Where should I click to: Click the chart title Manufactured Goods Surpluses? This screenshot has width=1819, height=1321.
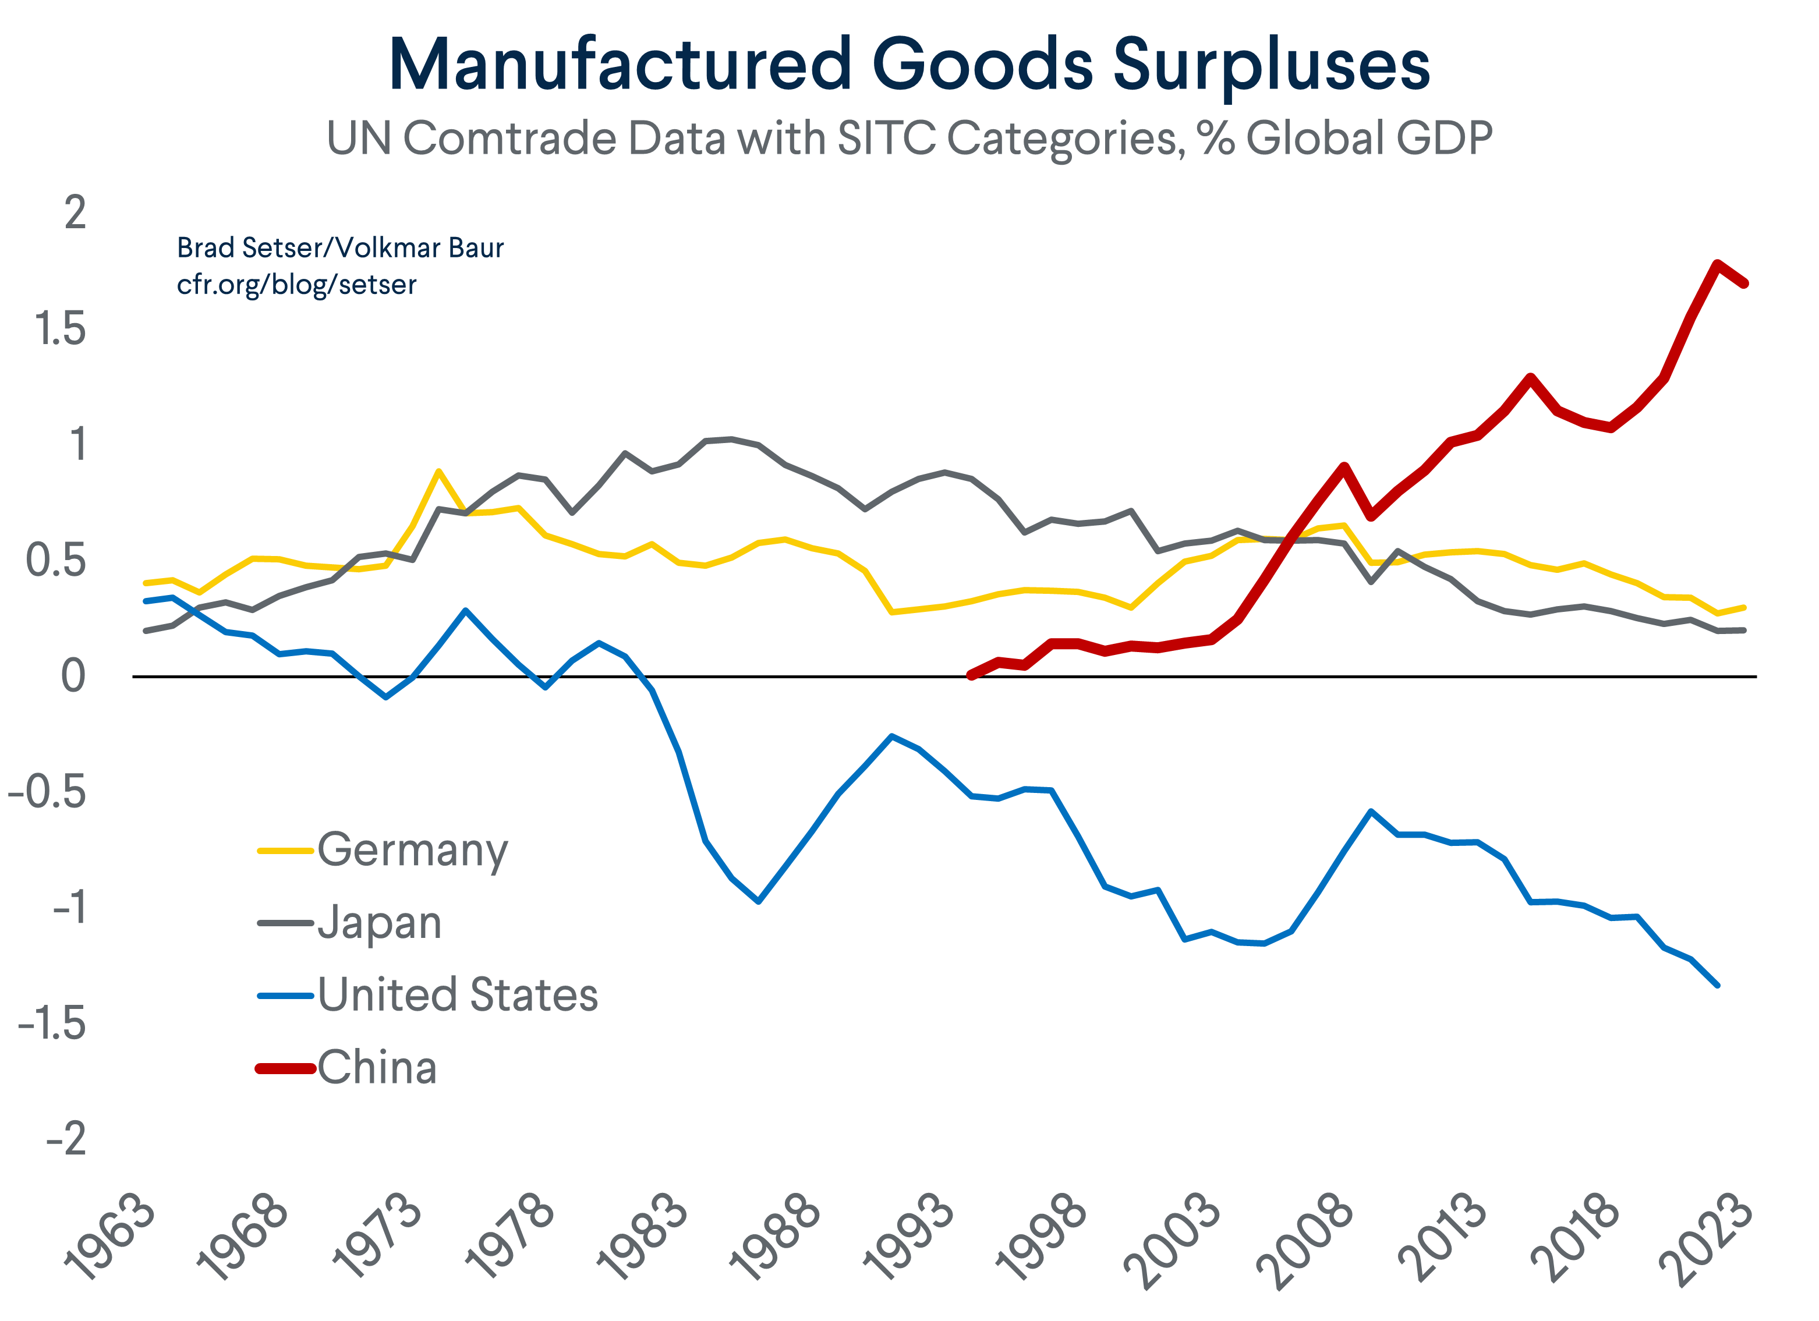click(909, 64)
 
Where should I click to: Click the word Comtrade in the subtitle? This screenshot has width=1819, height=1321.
click(510, 138)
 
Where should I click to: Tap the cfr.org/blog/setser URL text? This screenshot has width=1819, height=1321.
click(297, 285)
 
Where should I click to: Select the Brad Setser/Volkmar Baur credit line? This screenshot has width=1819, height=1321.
click(340, 248)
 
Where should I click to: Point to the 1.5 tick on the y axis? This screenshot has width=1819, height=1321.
click(60, 330)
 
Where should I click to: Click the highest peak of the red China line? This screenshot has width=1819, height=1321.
click(1717, 264)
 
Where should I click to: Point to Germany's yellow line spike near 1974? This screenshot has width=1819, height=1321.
click(438, 471)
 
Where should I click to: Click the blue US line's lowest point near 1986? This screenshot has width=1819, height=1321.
click(758, 901)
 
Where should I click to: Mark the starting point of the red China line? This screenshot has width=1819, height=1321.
click(971, 675)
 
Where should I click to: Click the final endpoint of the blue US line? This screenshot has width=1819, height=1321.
click(1717, 985)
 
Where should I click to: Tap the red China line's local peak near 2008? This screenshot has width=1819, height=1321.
click(1344, 467)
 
